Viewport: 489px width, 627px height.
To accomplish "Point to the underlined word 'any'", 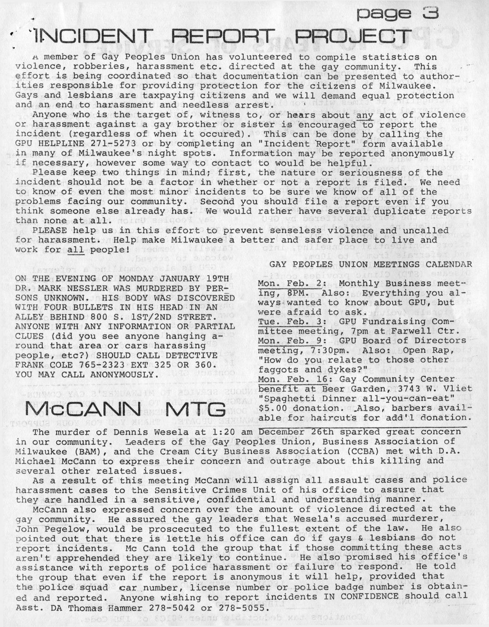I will pos(364,115).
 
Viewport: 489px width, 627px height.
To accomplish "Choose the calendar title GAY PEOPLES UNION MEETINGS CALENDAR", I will pos(370,264).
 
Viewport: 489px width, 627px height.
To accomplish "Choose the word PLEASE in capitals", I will pos(50,231).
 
